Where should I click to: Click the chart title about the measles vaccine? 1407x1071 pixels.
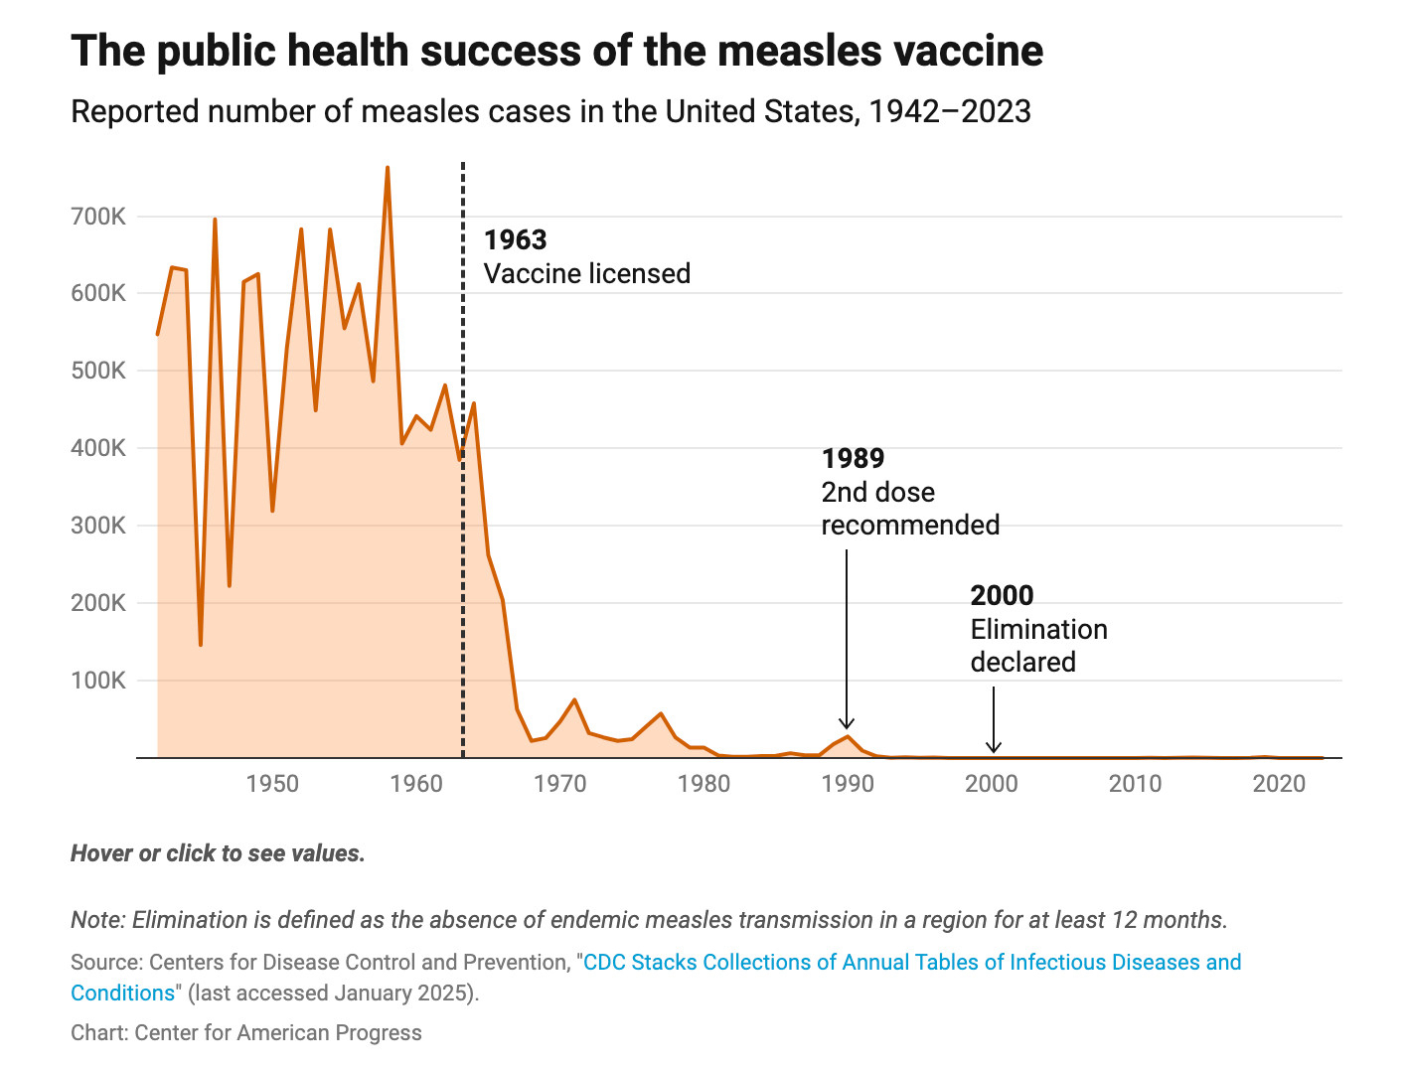556,52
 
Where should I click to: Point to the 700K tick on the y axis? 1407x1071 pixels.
98,217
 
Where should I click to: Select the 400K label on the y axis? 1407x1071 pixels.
98,448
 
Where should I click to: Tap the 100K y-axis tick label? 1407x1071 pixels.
98,681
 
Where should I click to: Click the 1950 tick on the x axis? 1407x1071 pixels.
272,784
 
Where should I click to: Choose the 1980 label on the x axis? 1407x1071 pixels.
703,784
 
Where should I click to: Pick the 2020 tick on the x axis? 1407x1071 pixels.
1279,784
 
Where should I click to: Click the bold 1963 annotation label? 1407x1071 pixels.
515,240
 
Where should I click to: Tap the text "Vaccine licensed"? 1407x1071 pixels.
586,274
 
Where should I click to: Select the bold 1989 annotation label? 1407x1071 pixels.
853,459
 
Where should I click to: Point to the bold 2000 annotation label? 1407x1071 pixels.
1002,596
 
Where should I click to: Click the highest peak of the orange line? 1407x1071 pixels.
388,168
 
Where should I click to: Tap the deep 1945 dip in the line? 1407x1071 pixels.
201,644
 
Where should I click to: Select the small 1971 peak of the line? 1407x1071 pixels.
574,700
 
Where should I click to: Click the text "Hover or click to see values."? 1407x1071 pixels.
218,853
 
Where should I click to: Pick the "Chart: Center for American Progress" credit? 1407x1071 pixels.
245,1033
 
